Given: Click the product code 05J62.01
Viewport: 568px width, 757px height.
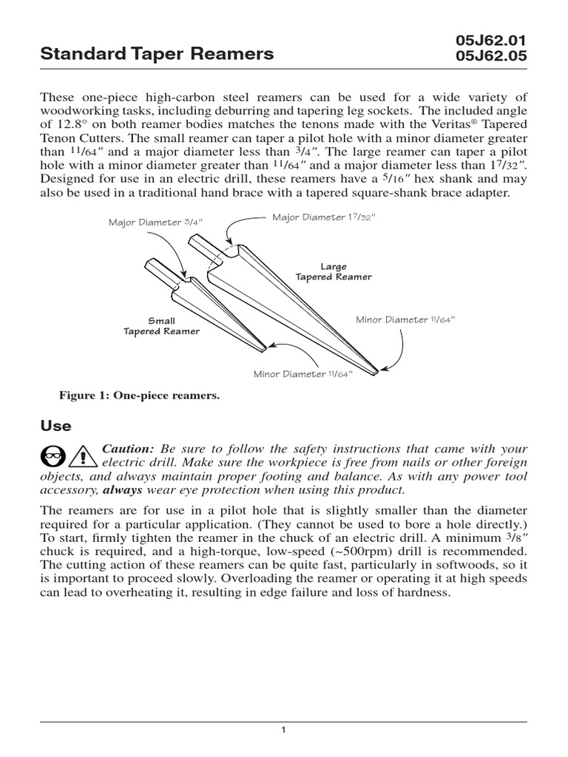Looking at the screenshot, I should [492, 39].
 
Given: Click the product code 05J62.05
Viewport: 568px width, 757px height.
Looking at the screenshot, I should [492, 55].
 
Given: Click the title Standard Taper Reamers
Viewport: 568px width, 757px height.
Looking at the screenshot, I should [157, 53].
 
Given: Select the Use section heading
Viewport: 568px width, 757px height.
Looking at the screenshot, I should [55, 426].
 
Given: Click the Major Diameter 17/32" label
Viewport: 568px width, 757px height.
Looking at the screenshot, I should [324, 217].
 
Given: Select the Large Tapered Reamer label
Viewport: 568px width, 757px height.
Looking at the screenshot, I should [334, 271].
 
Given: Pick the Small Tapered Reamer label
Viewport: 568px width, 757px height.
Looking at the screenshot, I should [161, 326].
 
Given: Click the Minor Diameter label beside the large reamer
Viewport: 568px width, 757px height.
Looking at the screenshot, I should [405, 319].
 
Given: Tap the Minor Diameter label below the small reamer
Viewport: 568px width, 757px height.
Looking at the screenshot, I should [303, 374].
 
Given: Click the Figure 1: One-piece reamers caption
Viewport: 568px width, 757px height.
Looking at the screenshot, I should [140, 396].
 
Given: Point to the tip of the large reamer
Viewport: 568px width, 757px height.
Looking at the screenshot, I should [378, 370].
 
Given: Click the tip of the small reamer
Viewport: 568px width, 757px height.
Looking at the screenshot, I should [263, 347].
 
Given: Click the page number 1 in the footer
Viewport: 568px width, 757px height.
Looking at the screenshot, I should [283, 730].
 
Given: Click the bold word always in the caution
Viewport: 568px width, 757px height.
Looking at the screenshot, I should [123, 489].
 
